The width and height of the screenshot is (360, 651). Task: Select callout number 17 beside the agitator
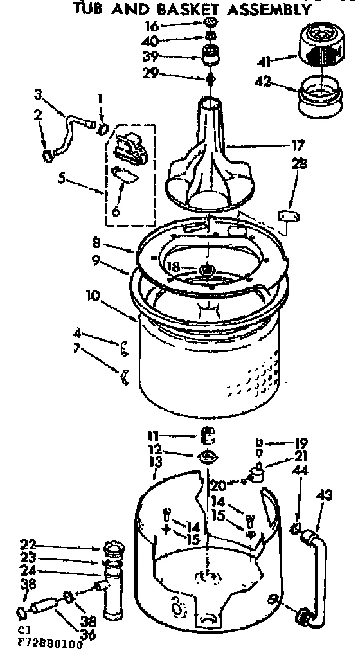point(298,146)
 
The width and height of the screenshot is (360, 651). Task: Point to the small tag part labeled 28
point(287,217)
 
